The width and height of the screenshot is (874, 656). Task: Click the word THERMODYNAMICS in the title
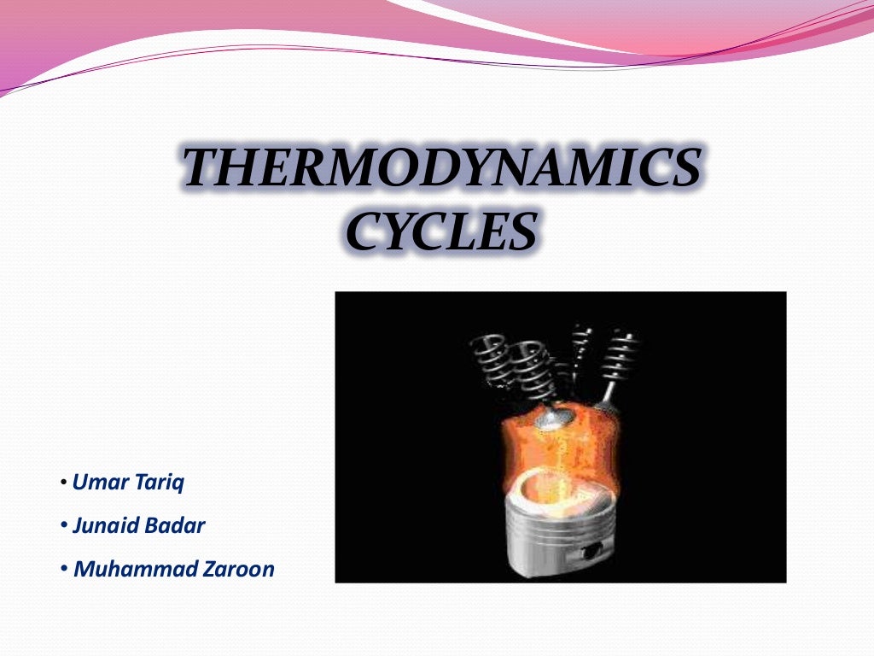coord(442,167)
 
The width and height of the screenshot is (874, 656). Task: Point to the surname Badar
coord(178,526)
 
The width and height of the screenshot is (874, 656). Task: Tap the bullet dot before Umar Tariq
coord(64,484)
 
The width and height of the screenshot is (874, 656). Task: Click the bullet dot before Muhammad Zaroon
coord(64,569)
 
